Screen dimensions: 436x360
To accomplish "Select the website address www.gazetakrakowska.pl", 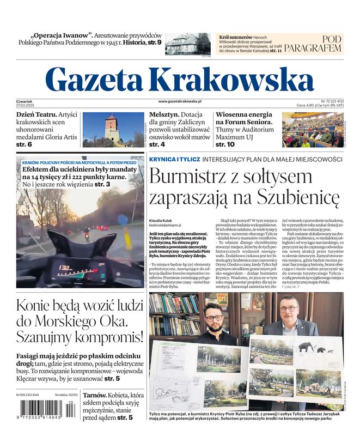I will tap(180, 101).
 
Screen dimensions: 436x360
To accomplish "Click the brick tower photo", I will tap(112, 129).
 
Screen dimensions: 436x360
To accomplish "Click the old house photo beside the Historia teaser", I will tap(187, 44).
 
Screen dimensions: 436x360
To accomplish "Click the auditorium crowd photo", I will tap(312, 129).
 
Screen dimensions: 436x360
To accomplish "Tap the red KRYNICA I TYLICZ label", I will tap(174, 159).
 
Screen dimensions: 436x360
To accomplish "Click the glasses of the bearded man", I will tap(214, 317).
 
